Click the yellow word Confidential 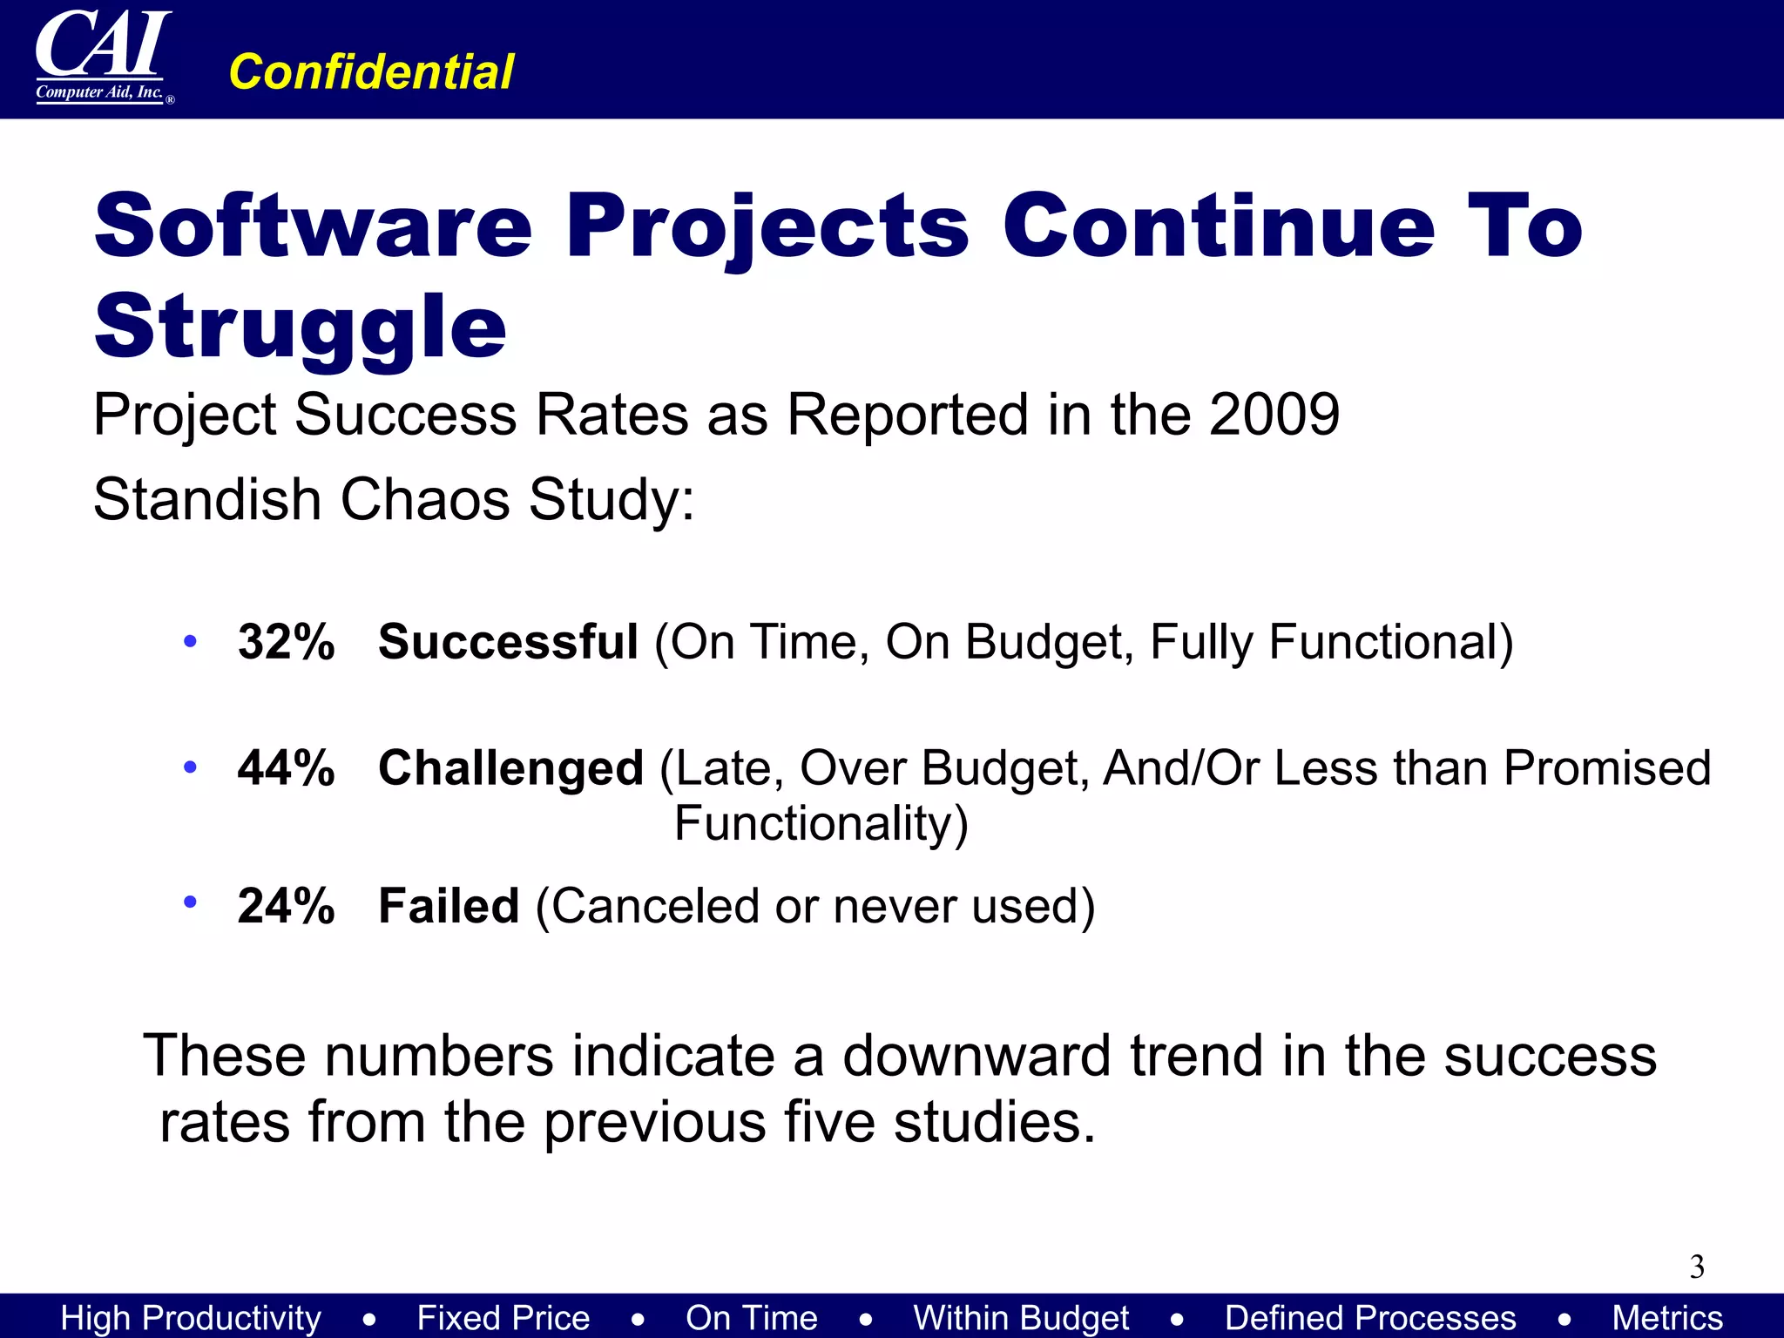371,71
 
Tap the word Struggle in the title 301,328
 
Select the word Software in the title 314,226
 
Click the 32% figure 286,642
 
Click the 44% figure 286,768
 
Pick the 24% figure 286,906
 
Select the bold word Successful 509,642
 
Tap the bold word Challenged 511,768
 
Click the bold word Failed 449,906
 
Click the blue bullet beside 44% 190,767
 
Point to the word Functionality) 821,824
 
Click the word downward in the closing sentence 976,1056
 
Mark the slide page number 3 1697,1267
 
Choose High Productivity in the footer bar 191,1318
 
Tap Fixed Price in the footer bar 503,1318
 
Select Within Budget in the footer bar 1021,1318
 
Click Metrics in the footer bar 1667,1318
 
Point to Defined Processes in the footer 1370,1318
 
